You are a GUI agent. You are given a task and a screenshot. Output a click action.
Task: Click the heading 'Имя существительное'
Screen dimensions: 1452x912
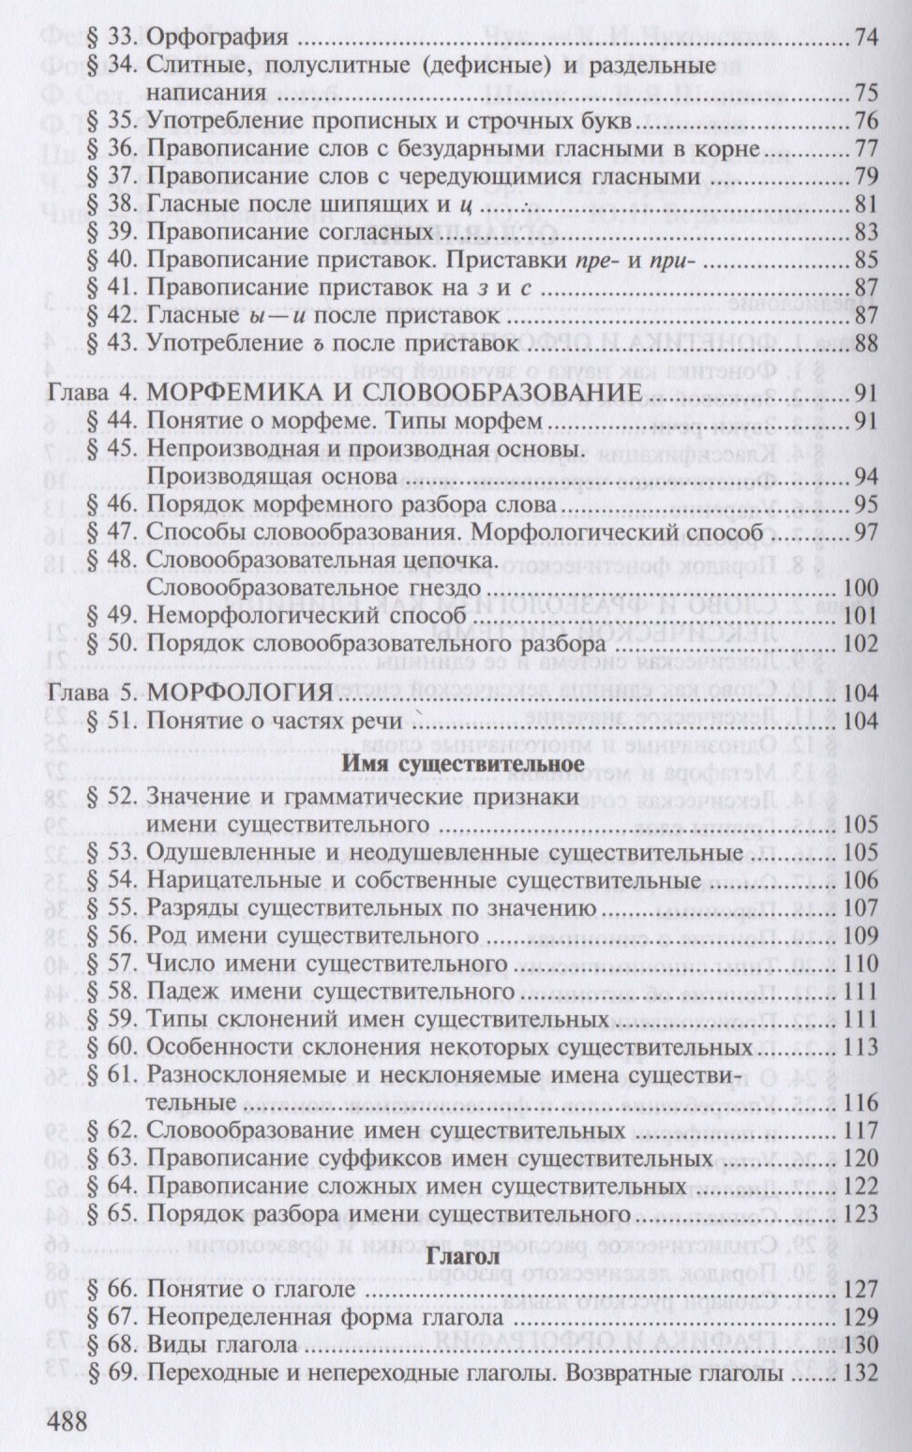click(x=465, y=763)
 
